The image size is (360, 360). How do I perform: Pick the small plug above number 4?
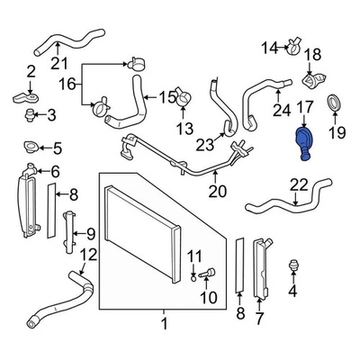[292, 265]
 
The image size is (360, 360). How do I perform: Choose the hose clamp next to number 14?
[292, 43]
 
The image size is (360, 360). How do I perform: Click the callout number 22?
[298, 184]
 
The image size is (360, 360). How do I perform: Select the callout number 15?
[166, 96]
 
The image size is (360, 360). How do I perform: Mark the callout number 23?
[204, 143]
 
